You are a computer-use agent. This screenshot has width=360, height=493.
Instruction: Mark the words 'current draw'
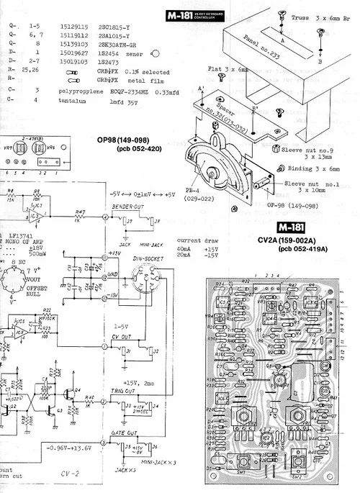[190, 239]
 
